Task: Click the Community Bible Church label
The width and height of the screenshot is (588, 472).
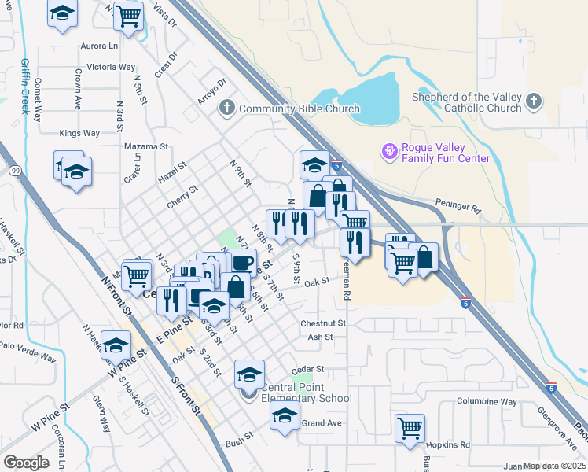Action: [x=300, y=109]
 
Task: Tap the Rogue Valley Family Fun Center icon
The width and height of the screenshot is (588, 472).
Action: [x=389, y=150]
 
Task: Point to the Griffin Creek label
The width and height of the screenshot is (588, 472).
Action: [x=25, y=86]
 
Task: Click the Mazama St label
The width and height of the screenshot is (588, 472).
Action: [x=146, y=146]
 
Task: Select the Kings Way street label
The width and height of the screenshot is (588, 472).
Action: [x=79, y=133]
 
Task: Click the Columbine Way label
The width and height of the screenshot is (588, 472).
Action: [x=487, y=402]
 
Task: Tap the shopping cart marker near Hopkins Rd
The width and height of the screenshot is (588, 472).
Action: [x=410, y=429]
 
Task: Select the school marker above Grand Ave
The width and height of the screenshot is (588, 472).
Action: [x=285, y=415]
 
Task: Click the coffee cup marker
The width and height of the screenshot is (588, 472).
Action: [x=244, y=262]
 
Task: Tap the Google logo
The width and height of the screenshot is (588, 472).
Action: [x=26, y=463]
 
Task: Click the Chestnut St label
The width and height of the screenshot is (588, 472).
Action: [x=323, y=323]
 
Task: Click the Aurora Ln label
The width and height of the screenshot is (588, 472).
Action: [x=99, y=46]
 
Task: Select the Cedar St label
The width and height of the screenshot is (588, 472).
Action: [x=307, y=368]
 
